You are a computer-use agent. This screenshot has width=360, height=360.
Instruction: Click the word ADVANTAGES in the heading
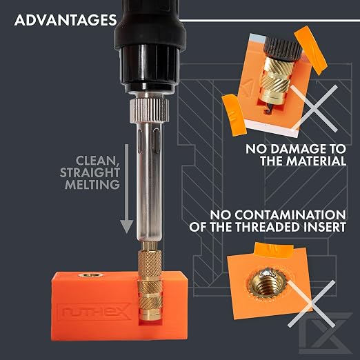pos(66,20)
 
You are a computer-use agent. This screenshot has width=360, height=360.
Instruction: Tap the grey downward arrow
pos(127,188)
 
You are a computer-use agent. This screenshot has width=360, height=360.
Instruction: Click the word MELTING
pos(92,184)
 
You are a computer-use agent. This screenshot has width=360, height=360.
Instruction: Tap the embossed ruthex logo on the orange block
pos(97,312)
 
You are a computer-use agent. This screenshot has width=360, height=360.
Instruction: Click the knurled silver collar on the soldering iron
pos(149,110)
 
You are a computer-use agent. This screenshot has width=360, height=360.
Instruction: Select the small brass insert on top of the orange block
pos(90,274)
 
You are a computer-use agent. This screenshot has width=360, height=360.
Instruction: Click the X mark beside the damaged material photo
pos(314,108)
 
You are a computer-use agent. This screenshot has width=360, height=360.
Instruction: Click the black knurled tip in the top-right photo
pos(283,48)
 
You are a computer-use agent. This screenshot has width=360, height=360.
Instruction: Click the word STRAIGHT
pos(90,172)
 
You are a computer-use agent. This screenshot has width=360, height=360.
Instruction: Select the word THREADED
pos(268,227)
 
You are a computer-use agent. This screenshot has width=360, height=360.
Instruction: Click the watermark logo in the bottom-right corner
pos(326,332)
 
